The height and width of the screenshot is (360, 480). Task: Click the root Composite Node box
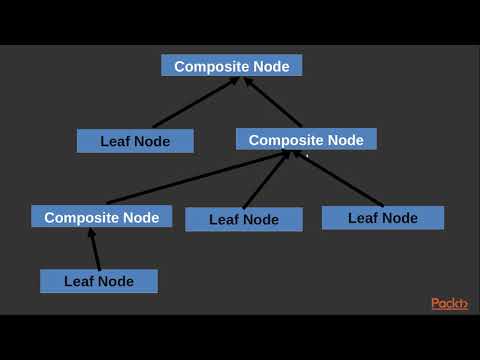point(232,66)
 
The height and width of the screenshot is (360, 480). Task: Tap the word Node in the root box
point(271,66)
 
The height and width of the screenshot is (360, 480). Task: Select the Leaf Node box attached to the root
point(135,141)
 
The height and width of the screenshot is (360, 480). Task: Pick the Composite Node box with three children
point(306,140)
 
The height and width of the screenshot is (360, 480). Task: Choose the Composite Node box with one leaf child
point(101,217)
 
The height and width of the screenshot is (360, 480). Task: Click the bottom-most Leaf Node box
point(99,281)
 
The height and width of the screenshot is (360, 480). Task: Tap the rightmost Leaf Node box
point(383,218)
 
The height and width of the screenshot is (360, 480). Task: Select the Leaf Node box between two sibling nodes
point(244,220)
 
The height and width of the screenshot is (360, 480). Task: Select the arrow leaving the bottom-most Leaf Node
point(96,249)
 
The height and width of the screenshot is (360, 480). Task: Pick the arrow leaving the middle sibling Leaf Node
point(266,180)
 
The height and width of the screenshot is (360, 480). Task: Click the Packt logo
point(449,303)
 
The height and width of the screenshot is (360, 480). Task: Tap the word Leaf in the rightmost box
point(363,218)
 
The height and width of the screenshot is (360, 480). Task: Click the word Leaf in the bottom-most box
point(78,281)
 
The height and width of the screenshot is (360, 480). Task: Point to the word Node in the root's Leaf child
point(151,141)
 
